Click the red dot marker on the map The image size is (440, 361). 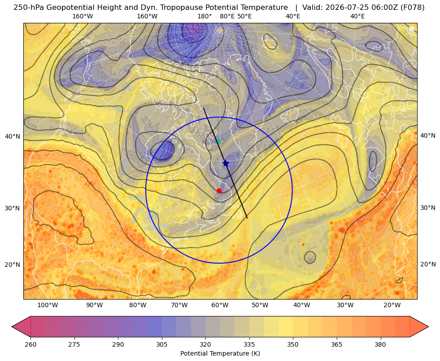coord(219,191)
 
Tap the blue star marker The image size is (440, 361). coord(226,163)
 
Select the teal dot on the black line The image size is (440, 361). coord(218,141)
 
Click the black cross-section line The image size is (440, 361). coord(225,163)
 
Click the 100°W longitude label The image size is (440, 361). coord(48,305)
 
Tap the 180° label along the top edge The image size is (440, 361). coord(205,16)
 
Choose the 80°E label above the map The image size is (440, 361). coord(227,16)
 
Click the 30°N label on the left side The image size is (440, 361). coord(13,209)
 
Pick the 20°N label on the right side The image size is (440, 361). coord(428,264)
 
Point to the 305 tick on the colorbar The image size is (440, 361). coord(161,344)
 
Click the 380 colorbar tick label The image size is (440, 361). coord(380,344)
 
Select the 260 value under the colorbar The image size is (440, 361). coord(30,344)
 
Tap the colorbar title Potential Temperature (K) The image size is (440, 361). coord(220,353)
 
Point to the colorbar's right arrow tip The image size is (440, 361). coord(428,326)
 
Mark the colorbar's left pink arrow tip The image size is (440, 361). coord(12,326)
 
